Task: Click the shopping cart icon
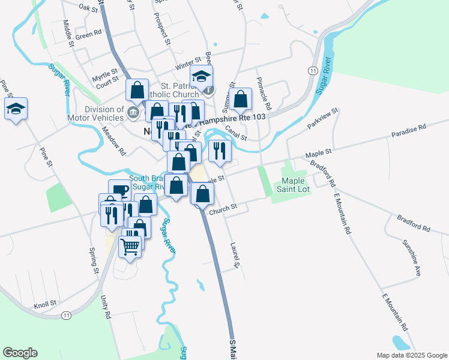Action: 130,245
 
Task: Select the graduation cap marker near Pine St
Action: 16,109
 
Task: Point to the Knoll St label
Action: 45,304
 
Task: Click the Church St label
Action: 223,208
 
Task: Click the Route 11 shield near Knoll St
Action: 66,314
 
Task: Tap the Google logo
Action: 20,353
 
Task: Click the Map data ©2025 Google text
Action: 411,355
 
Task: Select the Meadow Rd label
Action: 113,140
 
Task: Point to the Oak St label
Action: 88,7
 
